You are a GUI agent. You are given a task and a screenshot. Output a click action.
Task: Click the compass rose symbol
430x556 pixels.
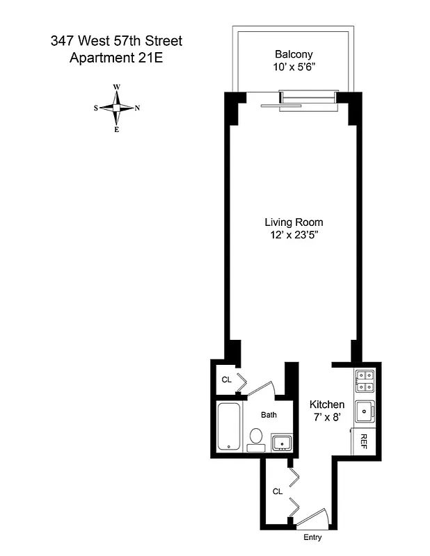[117, 108]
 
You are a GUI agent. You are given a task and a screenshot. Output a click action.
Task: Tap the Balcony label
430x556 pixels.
[294, 54]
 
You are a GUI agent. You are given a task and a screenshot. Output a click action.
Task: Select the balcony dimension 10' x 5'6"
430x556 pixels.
[294, 67]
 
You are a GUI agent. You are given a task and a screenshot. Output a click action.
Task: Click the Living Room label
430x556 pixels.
[294, 222]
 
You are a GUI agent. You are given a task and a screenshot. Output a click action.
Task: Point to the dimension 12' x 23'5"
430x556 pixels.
[294, 236]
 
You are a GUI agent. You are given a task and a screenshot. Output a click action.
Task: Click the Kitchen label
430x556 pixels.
[327, 404]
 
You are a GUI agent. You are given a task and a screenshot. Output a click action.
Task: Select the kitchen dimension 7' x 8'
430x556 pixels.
[327, 418]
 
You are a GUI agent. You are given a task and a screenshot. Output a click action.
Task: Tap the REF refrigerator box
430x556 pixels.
[363, 441]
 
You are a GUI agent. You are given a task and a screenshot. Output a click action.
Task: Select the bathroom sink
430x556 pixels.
[281, 441]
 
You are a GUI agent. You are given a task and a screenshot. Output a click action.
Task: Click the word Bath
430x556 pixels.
[269, 415]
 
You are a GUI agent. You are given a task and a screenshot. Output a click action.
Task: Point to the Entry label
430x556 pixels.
[312, 537]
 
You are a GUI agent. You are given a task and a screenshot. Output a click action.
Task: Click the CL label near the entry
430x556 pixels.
[278, 491]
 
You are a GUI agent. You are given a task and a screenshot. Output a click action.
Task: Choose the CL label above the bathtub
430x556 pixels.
[226, 379]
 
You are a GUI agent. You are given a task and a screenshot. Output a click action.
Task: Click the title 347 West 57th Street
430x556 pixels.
[116, 41]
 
